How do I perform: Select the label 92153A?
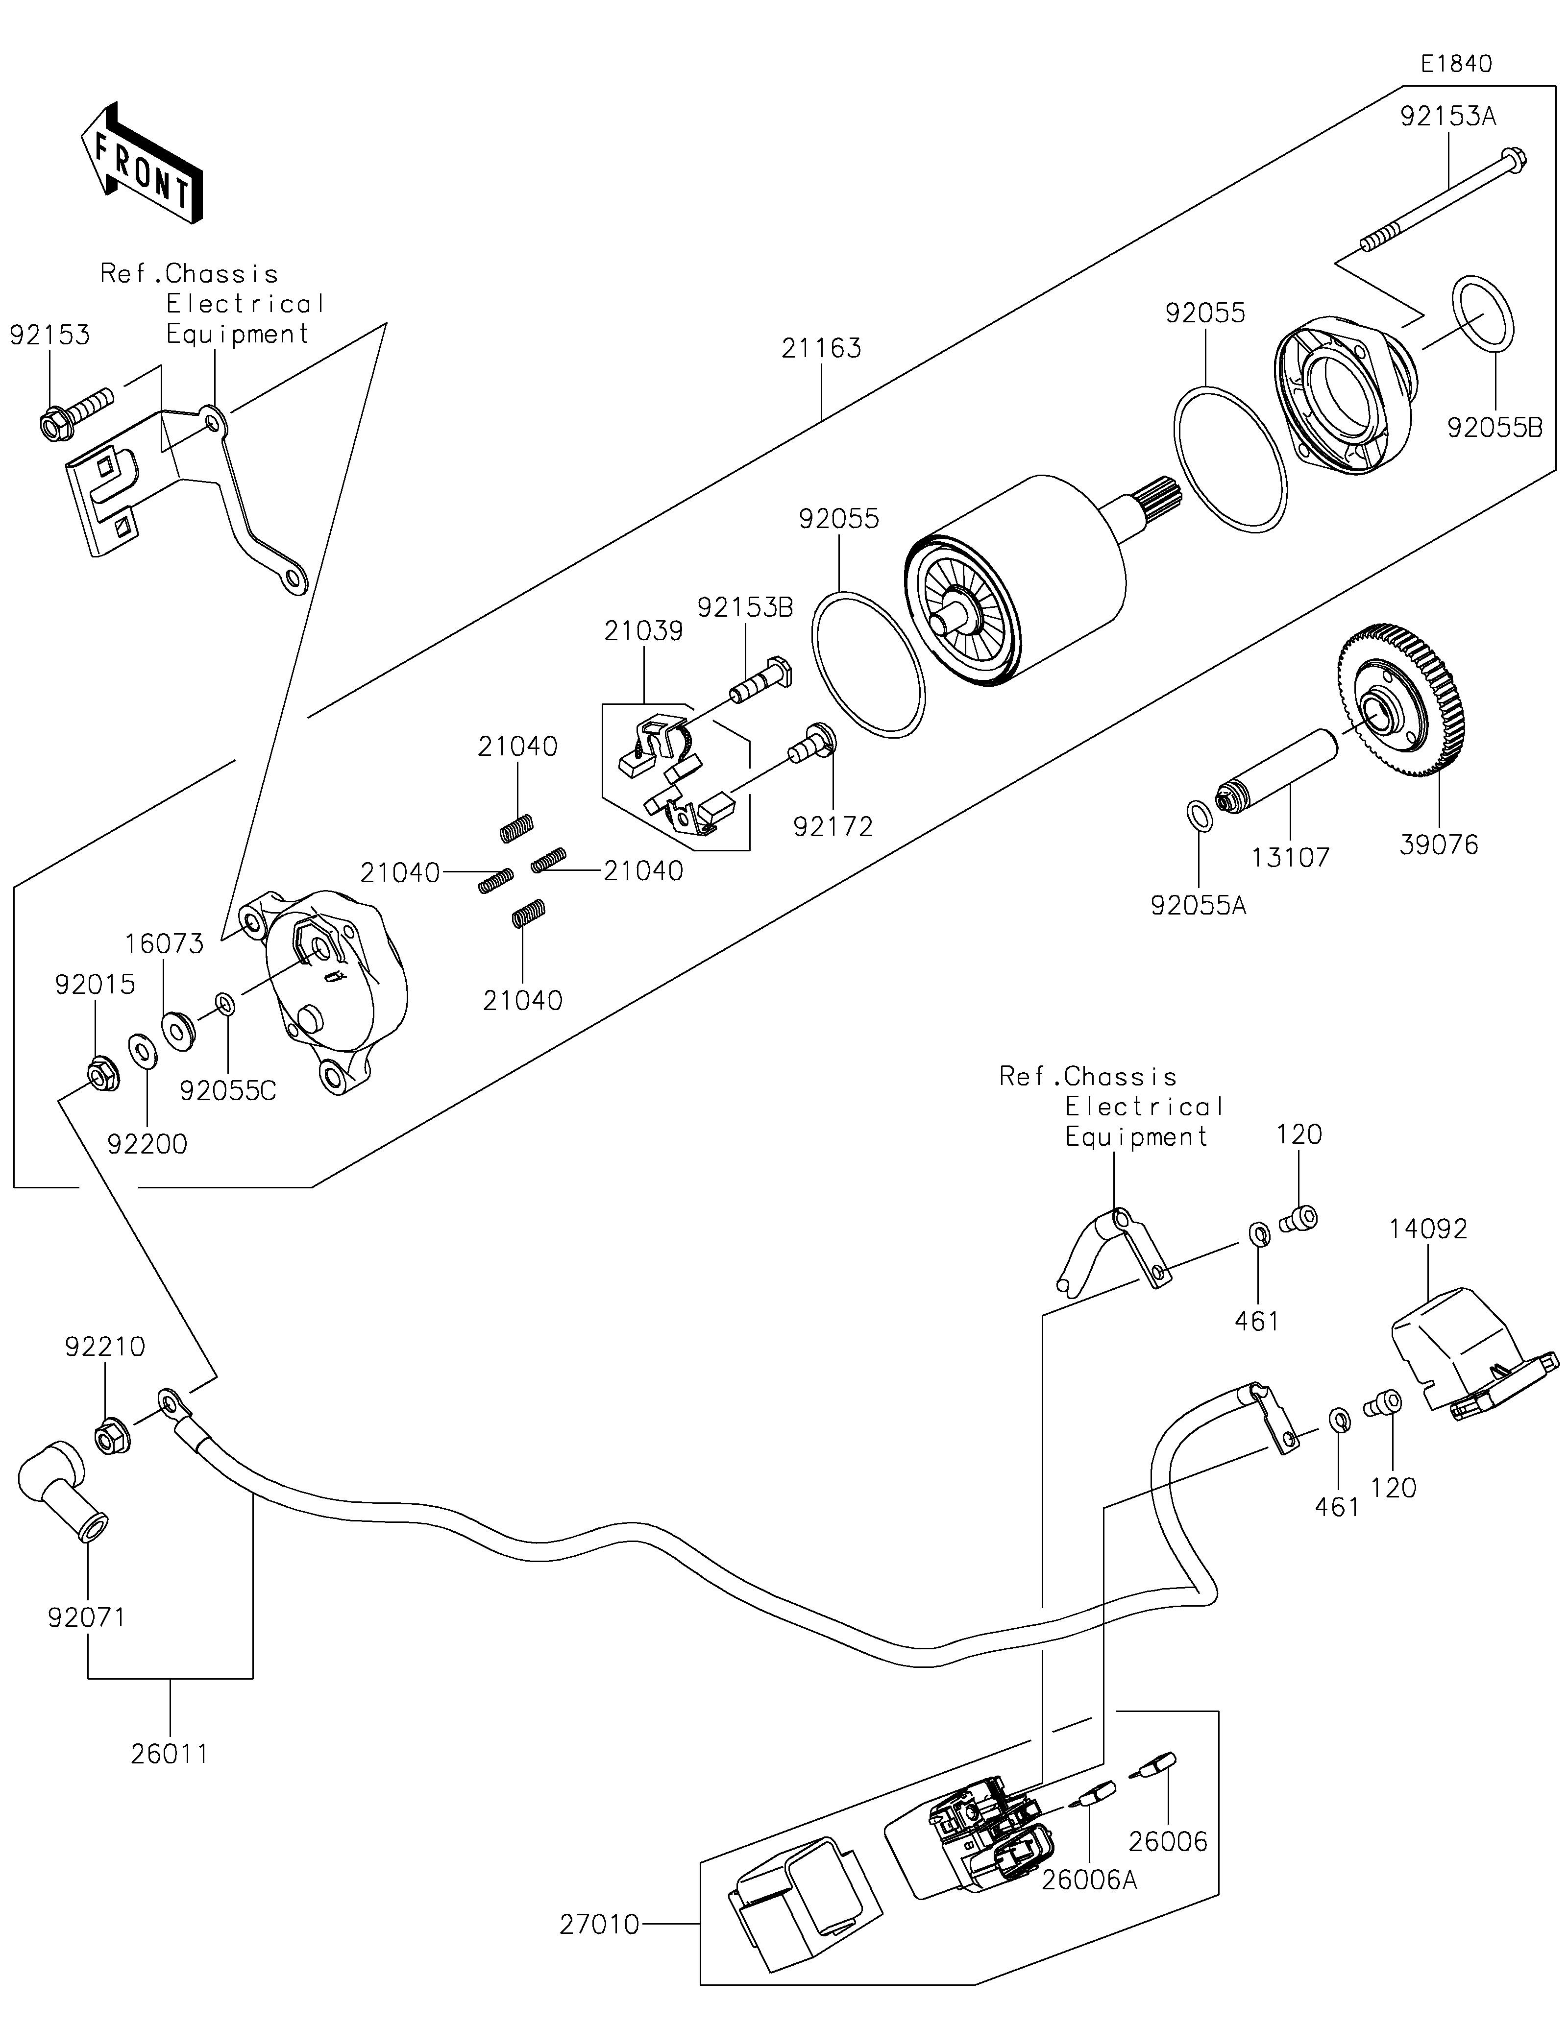(x=1448, y=117)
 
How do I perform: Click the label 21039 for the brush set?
(x=643, y=631)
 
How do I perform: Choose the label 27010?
(x=599, y=1926)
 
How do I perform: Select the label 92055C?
(x=228, y=1091)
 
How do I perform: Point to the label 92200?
(x=147, y=1144)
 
